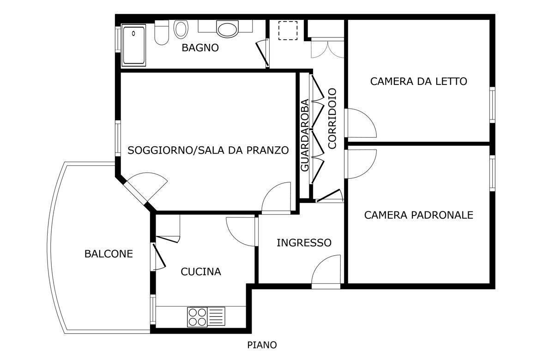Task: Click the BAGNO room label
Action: [x=200, y=48]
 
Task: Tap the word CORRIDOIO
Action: [x=332, y=118]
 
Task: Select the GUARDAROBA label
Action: [x=304, y=135]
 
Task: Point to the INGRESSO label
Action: [x=304, y=243]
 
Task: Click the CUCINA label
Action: [x=201, y=272]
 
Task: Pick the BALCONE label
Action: [x=109, y=254]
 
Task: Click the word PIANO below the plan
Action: [x=262, y=345]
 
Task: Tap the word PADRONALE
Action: [x=441, y=215]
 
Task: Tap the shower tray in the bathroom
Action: [x=134, y=45]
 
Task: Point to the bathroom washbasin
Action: [x=227, y=29]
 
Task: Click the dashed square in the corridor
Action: [x=288, y=30]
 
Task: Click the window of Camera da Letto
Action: [x=492, y=105]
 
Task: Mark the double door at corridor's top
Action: [x=327, y=48]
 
